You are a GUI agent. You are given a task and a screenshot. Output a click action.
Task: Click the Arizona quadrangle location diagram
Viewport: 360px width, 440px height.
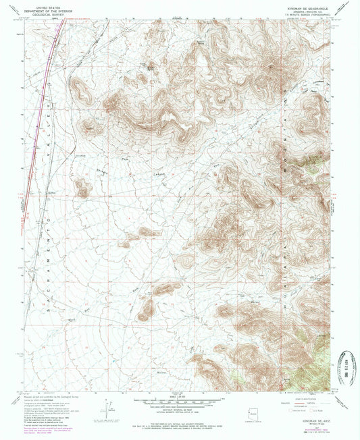263,411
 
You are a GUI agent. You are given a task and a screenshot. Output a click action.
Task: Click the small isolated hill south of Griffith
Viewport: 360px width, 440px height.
82,187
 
